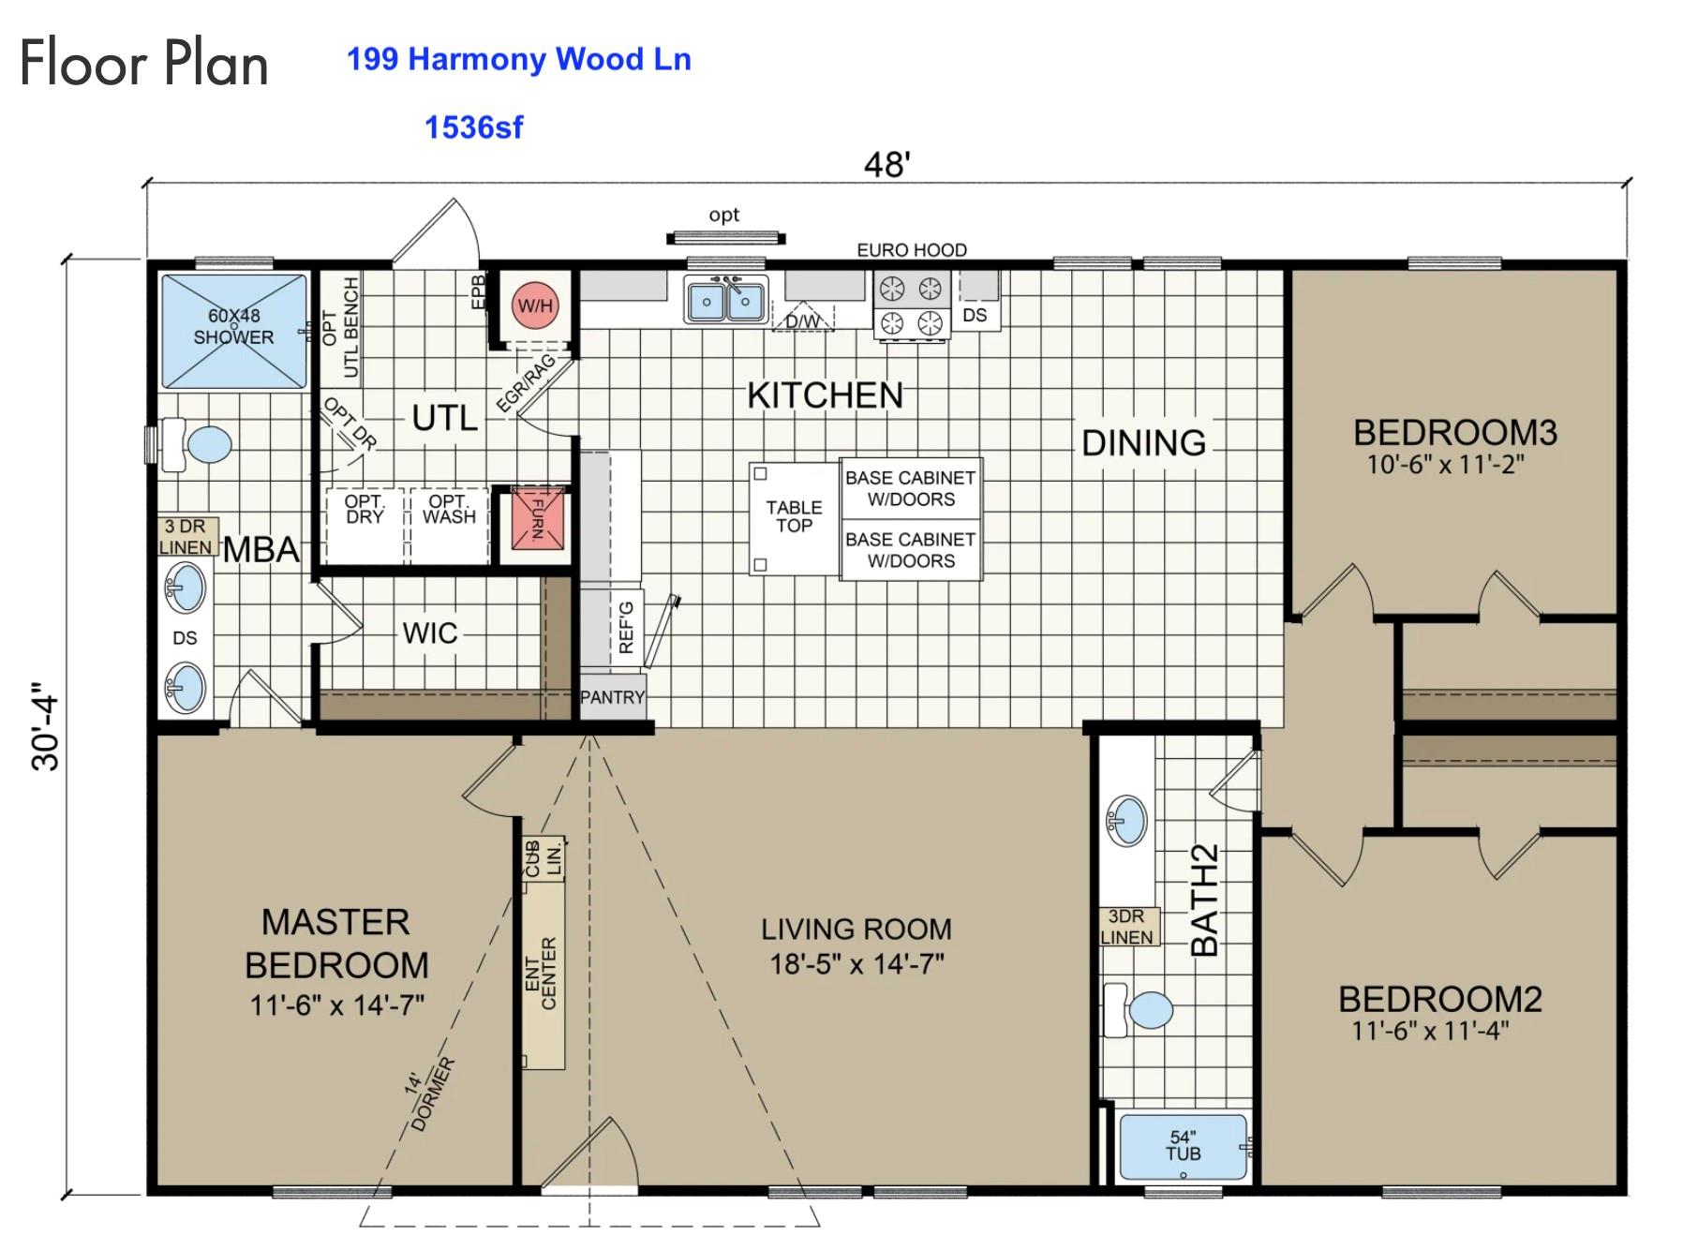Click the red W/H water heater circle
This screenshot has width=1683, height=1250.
point(535,305)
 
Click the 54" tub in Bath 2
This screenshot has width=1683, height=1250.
point(1183,1147)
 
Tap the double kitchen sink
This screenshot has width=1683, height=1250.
point(725,300)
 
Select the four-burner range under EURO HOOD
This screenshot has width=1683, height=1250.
point(911,305)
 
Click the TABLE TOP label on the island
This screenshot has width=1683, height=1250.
point(794,516)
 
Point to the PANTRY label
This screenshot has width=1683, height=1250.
point(612,697)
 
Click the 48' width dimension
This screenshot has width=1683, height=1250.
point(886,165)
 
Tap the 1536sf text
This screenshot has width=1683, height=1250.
point(473,127)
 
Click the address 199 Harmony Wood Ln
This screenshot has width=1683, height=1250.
point(518,59)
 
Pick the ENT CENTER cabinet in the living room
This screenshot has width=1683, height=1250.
point(543,975)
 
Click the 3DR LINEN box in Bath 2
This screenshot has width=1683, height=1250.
point(1127,927)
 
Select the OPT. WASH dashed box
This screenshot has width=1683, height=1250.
point(449,511)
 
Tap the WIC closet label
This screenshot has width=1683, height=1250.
point(429,632)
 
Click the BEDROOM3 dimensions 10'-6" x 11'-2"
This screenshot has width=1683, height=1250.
point(1445,464)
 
